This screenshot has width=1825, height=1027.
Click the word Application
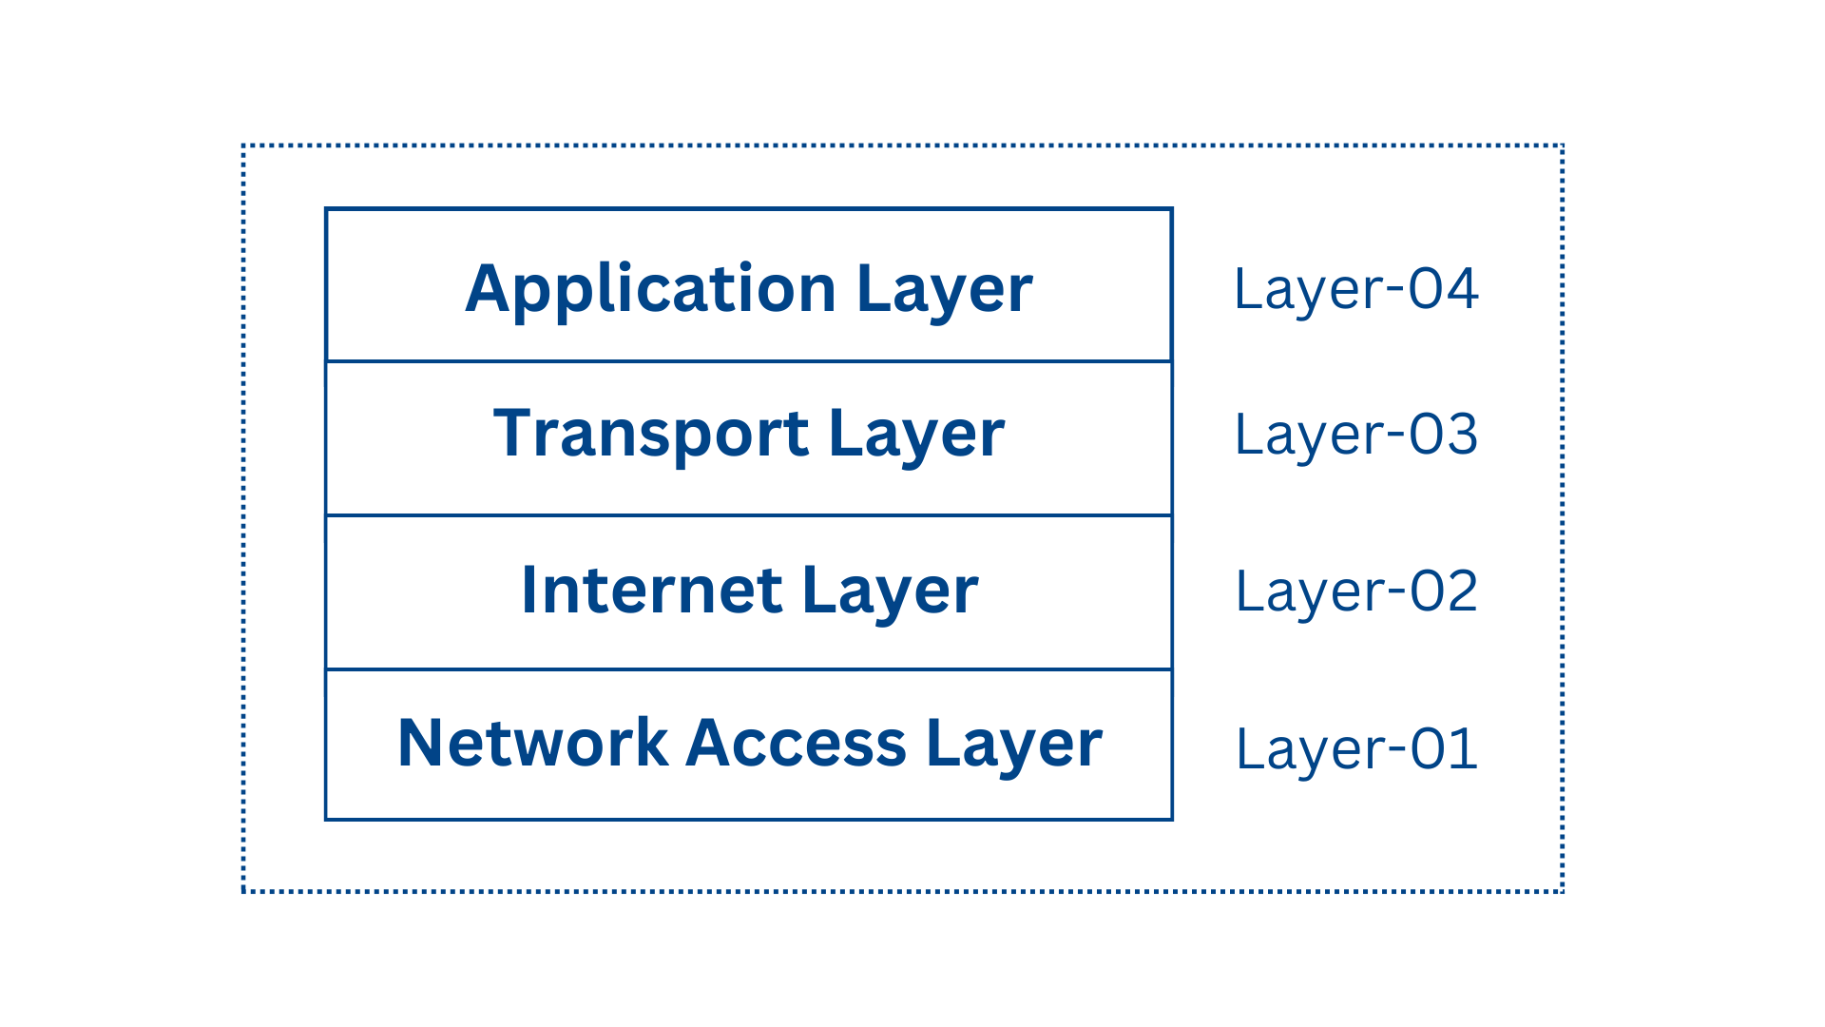650,288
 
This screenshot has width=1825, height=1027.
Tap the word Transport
651,434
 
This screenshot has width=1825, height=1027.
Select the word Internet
651,591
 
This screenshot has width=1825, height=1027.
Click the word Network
532,743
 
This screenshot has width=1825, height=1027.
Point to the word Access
796,743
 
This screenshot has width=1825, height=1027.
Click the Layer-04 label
1355,289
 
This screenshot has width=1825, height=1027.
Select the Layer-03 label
1355,435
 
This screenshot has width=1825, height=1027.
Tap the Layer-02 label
1355,591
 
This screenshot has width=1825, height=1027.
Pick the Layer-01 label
1355,749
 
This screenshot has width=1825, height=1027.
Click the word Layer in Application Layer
944,290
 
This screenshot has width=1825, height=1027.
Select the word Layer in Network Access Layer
1013,745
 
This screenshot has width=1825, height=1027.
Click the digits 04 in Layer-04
1444,289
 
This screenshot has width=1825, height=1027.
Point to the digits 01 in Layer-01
1444,749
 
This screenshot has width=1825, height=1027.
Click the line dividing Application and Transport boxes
749,361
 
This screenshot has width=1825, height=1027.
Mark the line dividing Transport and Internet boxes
749,515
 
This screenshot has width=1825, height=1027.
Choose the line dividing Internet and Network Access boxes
749,669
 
